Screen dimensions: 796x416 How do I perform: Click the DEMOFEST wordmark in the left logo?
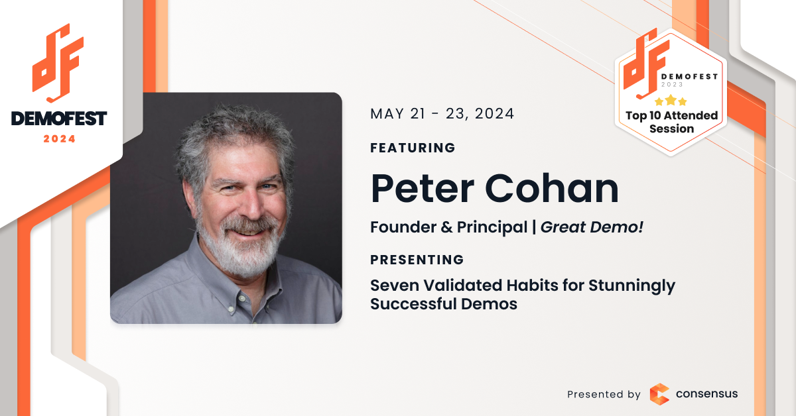(58, 119)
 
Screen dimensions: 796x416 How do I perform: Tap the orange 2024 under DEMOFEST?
(59, 139)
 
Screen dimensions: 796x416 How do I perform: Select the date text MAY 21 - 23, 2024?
(442, 114)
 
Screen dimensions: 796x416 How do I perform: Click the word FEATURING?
(413, 148)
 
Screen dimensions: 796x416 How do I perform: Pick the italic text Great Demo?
(592, 227)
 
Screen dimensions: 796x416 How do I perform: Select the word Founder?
(403, 227)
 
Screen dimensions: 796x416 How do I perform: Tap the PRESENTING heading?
(417, 260)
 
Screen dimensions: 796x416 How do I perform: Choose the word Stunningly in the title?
(631, 286)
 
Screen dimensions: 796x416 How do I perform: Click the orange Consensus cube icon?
(659, 394)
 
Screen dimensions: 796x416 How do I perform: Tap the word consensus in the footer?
(706, 393)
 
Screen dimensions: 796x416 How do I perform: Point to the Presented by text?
(604, 394)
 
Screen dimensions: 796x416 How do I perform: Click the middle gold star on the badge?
(671, 100)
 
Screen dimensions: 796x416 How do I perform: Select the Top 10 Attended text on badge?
(671, 116)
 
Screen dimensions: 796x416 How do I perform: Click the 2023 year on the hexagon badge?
(672, 85)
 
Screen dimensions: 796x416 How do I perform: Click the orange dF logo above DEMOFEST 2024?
(58, 63)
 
